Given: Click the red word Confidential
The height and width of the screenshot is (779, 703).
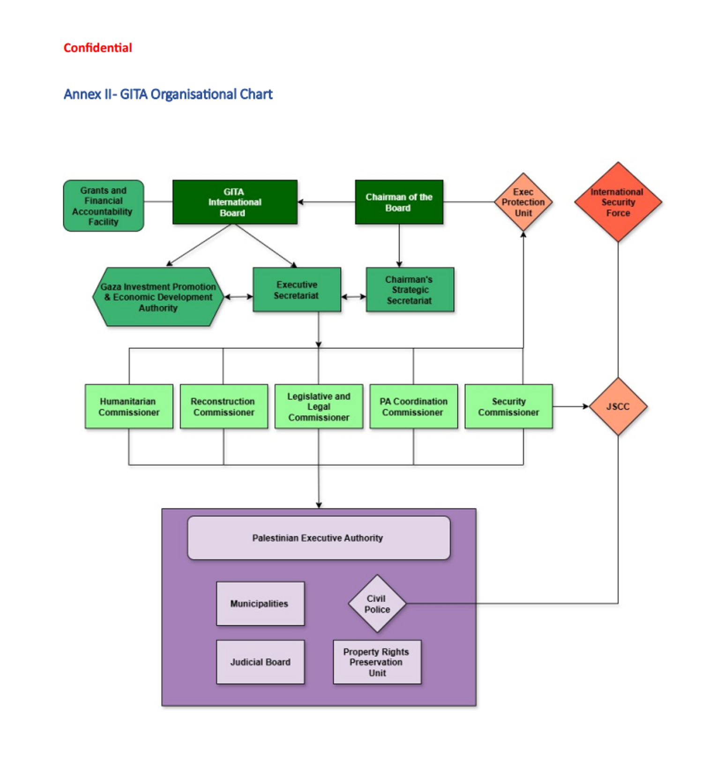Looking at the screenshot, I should click(97, 48).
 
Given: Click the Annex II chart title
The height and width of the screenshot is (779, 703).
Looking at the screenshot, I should click(168, 94).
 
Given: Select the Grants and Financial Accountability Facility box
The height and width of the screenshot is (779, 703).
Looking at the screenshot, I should click(104, 206).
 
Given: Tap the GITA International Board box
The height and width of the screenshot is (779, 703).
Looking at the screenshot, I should click(234, 202).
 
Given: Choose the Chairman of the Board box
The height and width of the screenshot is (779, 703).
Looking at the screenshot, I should click(399, 202).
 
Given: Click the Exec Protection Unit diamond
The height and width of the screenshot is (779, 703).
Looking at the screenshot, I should click(523, 202).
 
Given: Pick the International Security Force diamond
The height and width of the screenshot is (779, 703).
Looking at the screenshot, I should click(618, 202).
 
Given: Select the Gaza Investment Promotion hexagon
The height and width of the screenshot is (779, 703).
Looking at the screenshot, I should click(158, 297).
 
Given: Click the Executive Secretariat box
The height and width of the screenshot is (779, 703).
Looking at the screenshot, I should click(297, 290).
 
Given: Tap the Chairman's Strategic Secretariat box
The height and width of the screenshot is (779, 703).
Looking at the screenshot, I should click(410, 290).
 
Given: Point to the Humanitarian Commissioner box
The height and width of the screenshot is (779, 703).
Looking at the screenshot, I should click(129, 406).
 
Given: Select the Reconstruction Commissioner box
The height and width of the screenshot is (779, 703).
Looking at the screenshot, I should click(224, 406).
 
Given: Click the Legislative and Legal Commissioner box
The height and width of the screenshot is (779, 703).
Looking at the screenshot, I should click(319, 406).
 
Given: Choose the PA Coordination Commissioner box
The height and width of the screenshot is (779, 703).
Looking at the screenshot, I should click(413, 406).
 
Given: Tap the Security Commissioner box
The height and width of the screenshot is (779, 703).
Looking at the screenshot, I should click(509, 406).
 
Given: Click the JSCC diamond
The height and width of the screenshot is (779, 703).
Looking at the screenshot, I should click(618, 406).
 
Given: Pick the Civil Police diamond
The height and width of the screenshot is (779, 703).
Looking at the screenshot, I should click(377, 604).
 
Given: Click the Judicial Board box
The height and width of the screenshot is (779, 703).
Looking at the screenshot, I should click(260, 662).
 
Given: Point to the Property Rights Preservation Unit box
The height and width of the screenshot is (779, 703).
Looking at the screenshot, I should click(377, 662).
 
